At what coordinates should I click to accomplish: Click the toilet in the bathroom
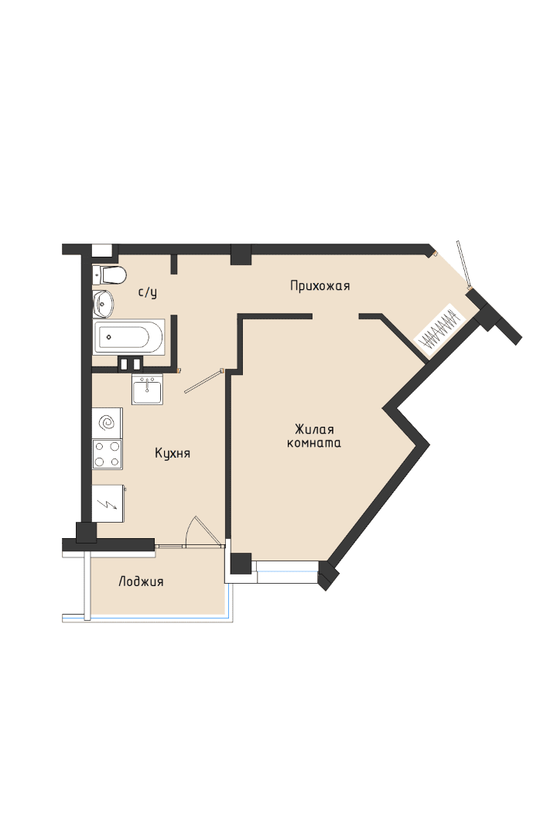tap(110, 274)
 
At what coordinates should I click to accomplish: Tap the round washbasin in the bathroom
tap(103, 303)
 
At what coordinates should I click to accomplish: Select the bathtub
tap(129, 336)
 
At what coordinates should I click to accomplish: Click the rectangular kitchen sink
tap(146, 389)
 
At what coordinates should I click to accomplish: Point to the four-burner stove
tap(107, 454)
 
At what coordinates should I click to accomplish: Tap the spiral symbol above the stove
tap(107, 423)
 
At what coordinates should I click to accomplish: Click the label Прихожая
tap(320, 286)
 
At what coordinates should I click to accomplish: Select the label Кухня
tap(173, 453)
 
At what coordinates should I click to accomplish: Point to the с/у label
tap(147, 292)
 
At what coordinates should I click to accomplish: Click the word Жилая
tap(314, 429)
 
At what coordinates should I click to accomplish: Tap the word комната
tap(314, 443)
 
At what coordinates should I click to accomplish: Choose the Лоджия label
tap(141, 581)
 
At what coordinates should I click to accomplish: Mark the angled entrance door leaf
tap(463, 264)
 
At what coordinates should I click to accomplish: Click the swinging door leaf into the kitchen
tap(203, 381)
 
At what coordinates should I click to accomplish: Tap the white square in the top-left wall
tap(101, 250)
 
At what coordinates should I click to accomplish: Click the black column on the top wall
tap(241, 254)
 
